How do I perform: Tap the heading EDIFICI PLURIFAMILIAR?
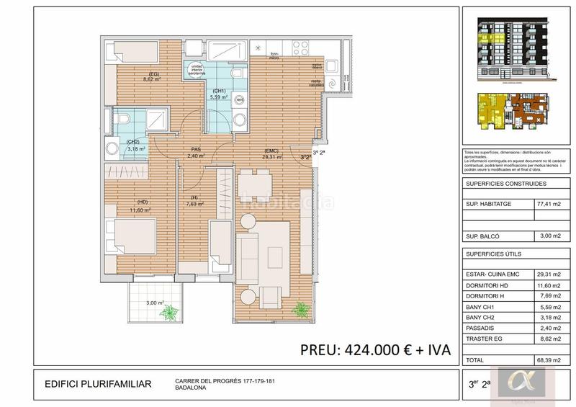pyautogui.click(x=98, y=384)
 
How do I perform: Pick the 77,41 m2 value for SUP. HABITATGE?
pyautogui.click(x=548, y=204)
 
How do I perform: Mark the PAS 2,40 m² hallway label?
pyautogui.click(x=195, y=152)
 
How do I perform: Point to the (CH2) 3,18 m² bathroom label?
pyautogui.click(x=134, y=146)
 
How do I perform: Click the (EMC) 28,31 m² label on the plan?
pyautogui.click(x=271, y=152)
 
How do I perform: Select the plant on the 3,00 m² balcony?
pyautogui.click(x=170, y=312)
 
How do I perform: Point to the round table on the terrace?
pyautogui.click(x=247, y=297)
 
